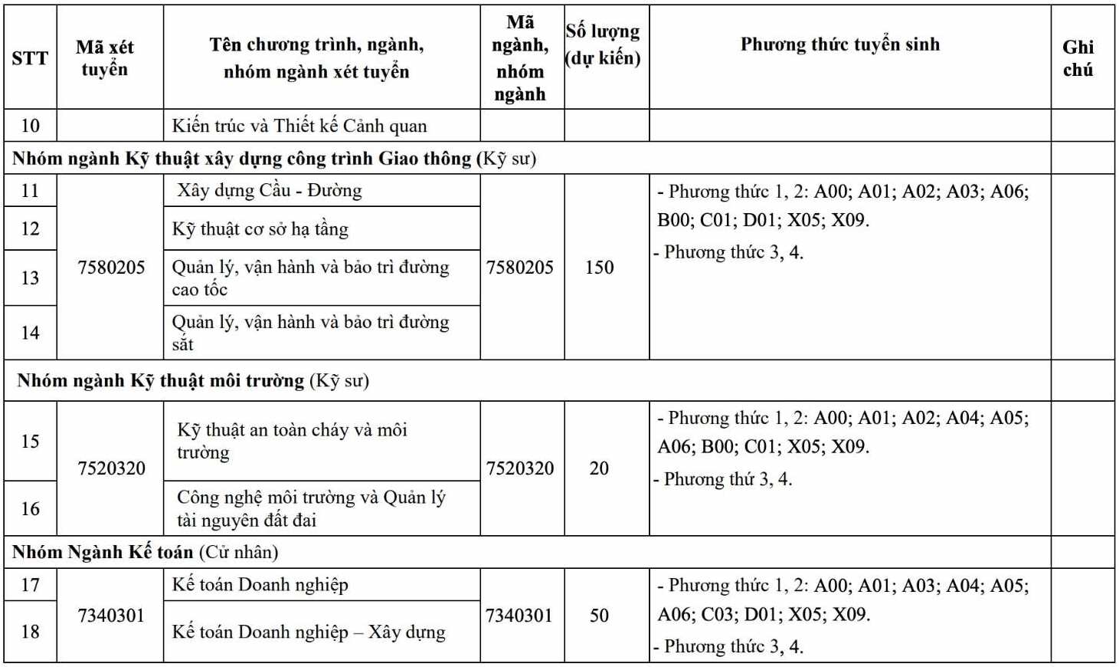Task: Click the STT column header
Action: click(30, 58)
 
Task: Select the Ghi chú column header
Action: click(1078, 58)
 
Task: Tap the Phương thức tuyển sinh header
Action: click(839, 44)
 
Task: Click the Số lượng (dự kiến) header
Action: click(603, 44)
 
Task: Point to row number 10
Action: click(30, 126)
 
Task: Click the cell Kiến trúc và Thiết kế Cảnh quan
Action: click(299, 126)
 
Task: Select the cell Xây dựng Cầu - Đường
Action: click(270, 190)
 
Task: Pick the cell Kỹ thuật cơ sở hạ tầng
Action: click(260, 228)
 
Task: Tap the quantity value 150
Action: click(599, 267)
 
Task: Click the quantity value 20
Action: click(599, 468)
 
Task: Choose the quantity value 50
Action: click(599, 615)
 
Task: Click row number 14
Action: click(30, 333)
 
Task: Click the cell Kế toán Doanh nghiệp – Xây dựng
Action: click(309, 632)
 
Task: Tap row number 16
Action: click(30, 508)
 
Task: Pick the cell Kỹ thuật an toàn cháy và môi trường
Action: click(292, 441)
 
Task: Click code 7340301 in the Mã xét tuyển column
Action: click(111, 615)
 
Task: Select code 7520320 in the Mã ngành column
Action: click(520, 468)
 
